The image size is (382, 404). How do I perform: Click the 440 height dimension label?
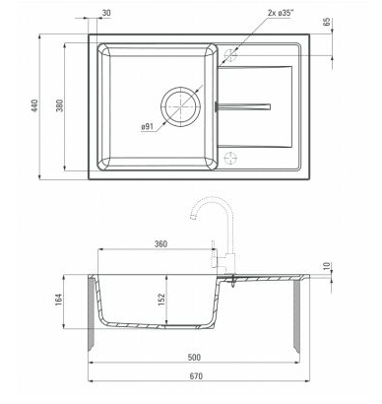pyautogui.click(x=34, y=105)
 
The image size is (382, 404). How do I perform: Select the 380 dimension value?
pyautogui.click(x=60, y=105)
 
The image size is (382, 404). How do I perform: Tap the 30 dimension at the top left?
pyautogui.click(x=106, y=13)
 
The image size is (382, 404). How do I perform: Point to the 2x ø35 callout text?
pyautogui.click(x=281, y=13)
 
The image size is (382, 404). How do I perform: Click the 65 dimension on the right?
pyautogui.click(x=327, y=22)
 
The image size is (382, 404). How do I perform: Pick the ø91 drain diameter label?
pyautogui.click(x=148, y=126)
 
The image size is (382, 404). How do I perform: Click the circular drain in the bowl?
pyautogui.click(x=180, y=106)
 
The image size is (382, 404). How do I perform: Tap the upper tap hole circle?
pyautogui.click(x=230, y=55)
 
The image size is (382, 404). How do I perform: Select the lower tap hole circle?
pyautogui.click(x=230, y=158)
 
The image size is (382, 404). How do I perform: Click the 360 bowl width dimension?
pyautogui.click(x=160, y=244)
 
